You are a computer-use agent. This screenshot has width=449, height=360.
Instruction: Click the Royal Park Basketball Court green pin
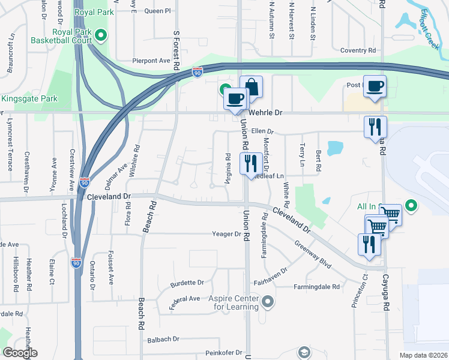[101, 36]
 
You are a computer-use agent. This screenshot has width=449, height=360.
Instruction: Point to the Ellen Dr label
[262, 131]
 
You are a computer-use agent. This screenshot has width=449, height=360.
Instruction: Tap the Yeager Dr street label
[226, 233]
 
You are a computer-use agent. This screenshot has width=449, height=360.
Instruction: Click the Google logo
[20, 353]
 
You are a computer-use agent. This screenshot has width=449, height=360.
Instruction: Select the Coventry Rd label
[357, 51]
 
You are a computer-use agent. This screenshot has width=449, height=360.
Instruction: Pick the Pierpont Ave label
[151, 61]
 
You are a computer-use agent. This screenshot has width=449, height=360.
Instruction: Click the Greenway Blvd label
[312, 255]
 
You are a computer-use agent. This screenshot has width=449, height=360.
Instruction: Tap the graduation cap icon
[304, 352]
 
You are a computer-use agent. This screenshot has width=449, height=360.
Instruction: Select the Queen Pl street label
[158, 11]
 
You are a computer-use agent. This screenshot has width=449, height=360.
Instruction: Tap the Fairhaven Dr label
[271, 271]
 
